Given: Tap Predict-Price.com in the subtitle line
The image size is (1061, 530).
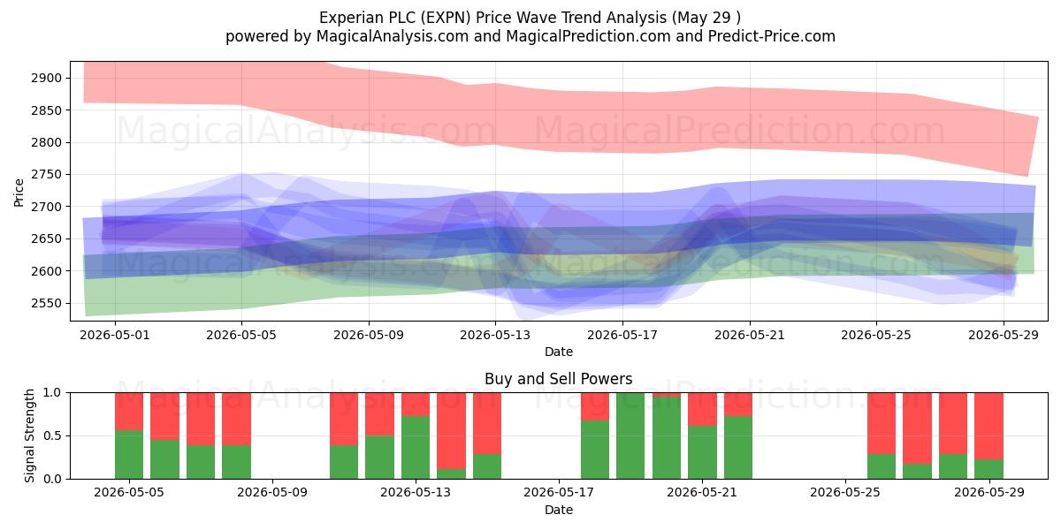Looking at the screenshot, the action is click(772, 36).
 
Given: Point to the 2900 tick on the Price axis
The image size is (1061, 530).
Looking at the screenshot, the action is click(46, 78).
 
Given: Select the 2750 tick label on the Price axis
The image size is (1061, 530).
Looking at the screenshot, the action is click(46, 175).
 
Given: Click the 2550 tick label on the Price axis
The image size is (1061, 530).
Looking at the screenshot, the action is click(46, 303).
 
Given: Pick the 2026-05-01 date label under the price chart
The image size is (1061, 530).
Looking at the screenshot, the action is click(115, 335).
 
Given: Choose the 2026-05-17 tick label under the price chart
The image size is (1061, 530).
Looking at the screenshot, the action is click(622, 335).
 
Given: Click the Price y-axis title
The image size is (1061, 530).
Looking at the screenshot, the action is click(19, 193).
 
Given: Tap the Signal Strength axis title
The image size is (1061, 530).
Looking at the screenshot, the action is click(29, 435).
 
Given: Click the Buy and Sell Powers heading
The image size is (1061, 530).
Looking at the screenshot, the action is click(559, 379).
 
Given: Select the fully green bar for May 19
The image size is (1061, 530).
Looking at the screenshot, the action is click(630, 435).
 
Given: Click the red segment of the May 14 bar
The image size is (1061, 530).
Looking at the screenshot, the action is click(452, 431).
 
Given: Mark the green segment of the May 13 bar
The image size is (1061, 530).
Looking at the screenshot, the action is click(416, 447).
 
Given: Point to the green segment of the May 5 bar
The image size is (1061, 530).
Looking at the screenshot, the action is click(129, 454).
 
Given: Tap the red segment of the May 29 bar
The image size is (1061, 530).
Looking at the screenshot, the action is click(988, 426).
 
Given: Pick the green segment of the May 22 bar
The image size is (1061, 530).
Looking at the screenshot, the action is click(738, 447).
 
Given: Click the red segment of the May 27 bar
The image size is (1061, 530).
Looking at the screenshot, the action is click(917, 428).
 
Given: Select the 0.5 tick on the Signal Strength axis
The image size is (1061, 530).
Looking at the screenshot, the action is click(52, 435).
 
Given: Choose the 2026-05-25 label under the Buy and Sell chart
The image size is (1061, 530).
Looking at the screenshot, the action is click(845, 493).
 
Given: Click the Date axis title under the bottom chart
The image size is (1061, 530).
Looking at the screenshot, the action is click(559, 510).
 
